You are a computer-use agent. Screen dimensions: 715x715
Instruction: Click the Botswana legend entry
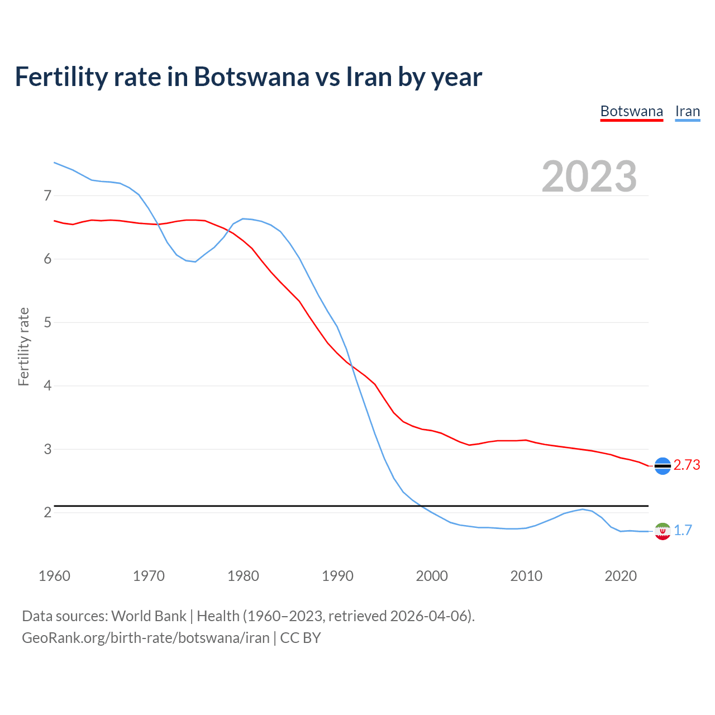pyautogui.click(x=631, y=111)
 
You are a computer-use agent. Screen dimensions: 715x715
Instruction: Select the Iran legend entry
pyautogui.click(x=687, y=111)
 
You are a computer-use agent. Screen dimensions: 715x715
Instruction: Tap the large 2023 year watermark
pyautogui.click(x=589, y=177)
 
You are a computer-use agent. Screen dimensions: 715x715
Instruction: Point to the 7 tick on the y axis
pyautogui.click(x=47, y=196)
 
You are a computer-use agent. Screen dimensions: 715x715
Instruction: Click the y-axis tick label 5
pyautogui.click(x=47, y=322)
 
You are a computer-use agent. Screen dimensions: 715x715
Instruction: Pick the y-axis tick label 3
pyautogui.click(x=47, y=449)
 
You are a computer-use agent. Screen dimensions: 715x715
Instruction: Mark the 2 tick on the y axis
pyautogui.click(x=47, y=512)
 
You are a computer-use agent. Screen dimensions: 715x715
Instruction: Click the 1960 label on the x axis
pyautogui.click(x=54, y=576)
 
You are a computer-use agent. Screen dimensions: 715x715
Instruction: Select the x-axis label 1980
pyautogui.click(x=243, y=576)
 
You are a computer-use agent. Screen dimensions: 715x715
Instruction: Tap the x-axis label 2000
pyautogui.click(x=432, y=576)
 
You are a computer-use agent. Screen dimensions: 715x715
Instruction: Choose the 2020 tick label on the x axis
pyautogui.click(x=621, y=576)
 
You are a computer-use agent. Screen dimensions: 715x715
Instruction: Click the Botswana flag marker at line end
pyautogui.click(x=662, y=465)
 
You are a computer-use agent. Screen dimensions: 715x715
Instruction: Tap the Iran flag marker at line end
pyautogui.click(x=662, y=531)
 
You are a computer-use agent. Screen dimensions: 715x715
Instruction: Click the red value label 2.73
pyautogui.click(x=687, y=465)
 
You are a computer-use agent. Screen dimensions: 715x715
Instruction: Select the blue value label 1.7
pyautogui.click(x=683, y=530)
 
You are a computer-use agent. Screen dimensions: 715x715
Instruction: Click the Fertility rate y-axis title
pyautogui.click(x=23, y=346)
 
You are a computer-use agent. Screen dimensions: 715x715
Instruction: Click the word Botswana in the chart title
pyautogui.click(x=251, y=77)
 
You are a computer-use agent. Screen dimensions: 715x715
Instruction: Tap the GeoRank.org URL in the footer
pyautogui.click(x=145, y=637)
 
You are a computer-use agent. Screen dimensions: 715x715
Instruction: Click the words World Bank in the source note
pyautogui.click(x=149, y=616)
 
